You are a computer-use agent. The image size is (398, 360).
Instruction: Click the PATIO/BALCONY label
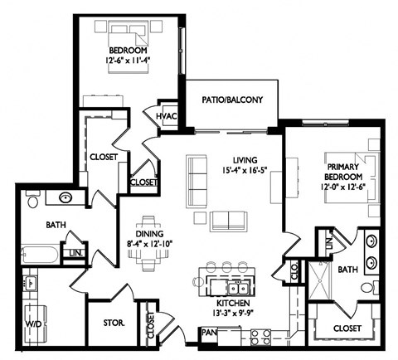point(232,100)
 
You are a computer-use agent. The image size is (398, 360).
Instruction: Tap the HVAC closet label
point(166,116)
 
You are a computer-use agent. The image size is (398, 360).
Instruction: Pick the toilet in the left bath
point(32,200)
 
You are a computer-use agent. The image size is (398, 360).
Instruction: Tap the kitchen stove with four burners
point(260,336)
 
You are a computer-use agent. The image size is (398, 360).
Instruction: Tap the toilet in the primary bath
point(367,288)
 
